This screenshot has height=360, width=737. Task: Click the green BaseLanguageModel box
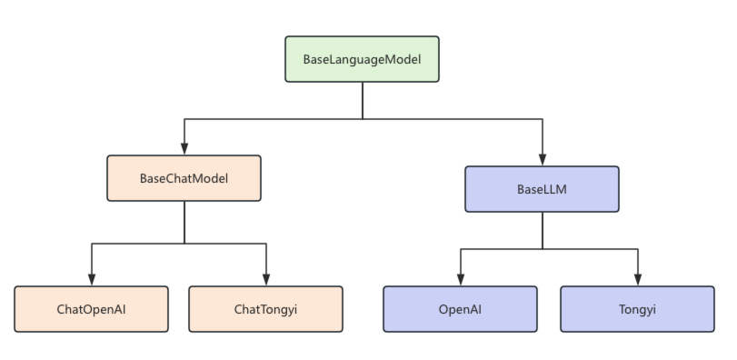pos(362,59)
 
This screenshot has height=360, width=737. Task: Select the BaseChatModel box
pos(184,178)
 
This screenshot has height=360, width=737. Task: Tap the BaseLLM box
pos(542,189)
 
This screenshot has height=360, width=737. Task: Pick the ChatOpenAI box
pos(91,309)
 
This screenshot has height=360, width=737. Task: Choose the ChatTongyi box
pos(265,309)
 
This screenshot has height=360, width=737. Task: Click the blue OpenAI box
pos(460,309)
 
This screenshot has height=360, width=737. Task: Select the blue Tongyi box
pos(637,309)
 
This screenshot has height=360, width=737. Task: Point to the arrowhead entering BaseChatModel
pos(184,148)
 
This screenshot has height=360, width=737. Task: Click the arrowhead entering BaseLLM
pos(543,159)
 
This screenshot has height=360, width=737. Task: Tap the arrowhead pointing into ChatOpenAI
pos(92,280)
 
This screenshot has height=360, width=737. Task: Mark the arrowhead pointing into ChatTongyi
pos(266,280)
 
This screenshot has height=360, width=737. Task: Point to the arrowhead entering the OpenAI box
pos(461,280)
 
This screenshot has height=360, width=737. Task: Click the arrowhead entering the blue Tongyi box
pos(638,280)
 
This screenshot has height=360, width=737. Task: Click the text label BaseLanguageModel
pos(362,60)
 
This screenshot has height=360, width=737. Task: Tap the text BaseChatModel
pos(184,178)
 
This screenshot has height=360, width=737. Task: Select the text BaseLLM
pos(542,189)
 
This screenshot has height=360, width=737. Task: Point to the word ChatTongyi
pos(265,310)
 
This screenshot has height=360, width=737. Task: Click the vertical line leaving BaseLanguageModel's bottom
pos(363,101)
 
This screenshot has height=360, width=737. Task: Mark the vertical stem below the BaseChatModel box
pos(184,223)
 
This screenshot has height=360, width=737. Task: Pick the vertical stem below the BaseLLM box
pos(543,230)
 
